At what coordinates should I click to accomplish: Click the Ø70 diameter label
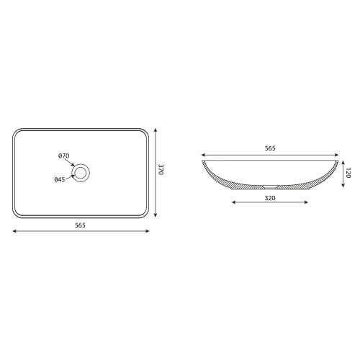(x=64, y=156)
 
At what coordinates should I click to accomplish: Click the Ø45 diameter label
(x=60, y=179)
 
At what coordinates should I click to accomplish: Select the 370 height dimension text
(x=161, y=170)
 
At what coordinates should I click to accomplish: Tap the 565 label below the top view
(x=80, y=225)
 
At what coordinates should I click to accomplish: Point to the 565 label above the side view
(x=270, y=148)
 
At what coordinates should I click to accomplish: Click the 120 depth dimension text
(x=348, y=173)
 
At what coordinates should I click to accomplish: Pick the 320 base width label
(x=270, y=198)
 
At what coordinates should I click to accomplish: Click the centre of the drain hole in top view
(x=81, y=173)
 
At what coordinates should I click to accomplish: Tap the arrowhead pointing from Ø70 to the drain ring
(x=73, y=165)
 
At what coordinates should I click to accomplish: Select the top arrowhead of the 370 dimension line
(x=156, y=130)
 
